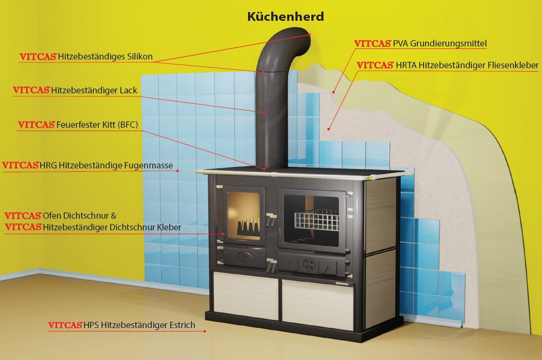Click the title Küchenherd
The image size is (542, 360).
coord(285,16)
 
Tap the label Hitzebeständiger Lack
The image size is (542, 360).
coord(94,90)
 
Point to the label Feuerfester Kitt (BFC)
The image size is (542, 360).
coord(97,125)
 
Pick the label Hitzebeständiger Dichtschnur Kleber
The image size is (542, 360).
coord(112,226)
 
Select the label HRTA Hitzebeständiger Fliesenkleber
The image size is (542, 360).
coord(467,65)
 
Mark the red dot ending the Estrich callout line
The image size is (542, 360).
coord(205,331)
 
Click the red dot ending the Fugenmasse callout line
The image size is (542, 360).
coord(178,170)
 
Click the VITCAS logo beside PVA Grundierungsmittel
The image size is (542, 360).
coord(373,44)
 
